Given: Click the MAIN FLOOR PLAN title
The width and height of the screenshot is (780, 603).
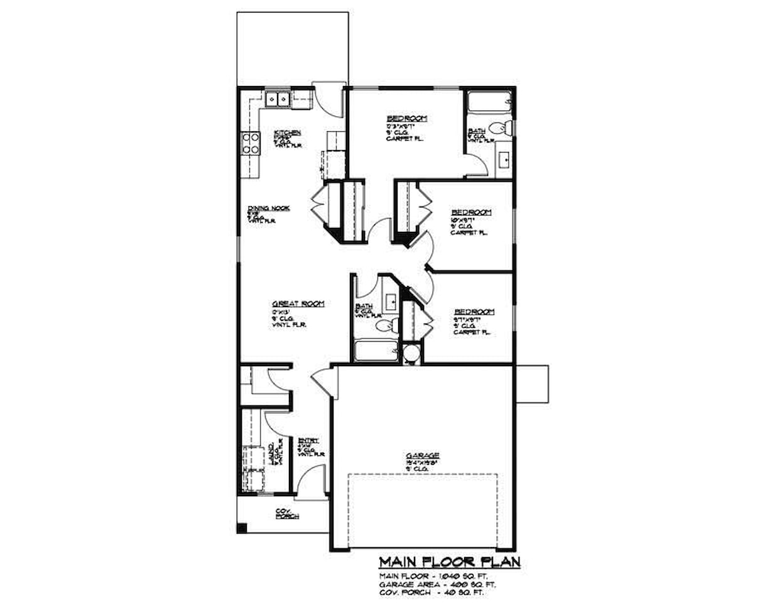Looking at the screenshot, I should click(x=450, y=562).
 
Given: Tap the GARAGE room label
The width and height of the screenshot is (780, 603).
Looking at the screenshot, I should click(x=422, y=456).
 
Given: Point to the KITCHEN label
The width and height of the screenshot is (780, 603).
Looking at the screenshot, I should click(x=287, y=133).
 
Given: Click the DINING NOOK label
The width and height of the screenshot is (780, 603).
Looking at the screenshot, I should click(x=269, y=209).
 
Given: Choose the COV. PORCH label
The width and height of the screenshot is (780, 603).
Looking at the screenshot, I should click(x=287, y=514).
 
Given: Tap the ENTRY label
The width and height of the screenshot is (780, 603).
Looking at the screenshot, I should click(x=308, y=441).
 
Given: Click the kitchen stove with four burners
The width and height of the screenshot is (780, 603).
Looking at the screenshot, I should click(x=251, y=144).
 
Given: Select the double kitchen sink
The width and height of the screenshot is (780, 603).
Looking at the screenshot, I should click(x=277, y=99).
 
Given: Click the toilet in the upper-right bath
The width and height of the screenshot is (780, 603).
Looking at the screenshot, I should click(x=500, y=128).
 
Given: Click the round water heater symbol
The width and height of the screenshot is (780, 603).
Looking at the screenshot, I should click(x=411, y=354).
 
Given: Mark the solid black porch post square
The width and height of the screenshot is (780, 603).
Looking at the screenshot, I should click(x=242, y=528).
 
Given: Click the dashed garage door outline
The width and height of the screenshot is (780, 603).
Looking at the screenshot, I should click(x=422, y=510).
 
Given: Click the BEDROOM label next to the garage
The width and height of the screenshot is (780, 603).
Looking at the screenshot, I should click(x=474, y=312).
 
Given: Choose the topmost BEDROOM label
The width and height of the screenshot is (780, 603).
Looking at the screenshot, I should click(x=406, y=119).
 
